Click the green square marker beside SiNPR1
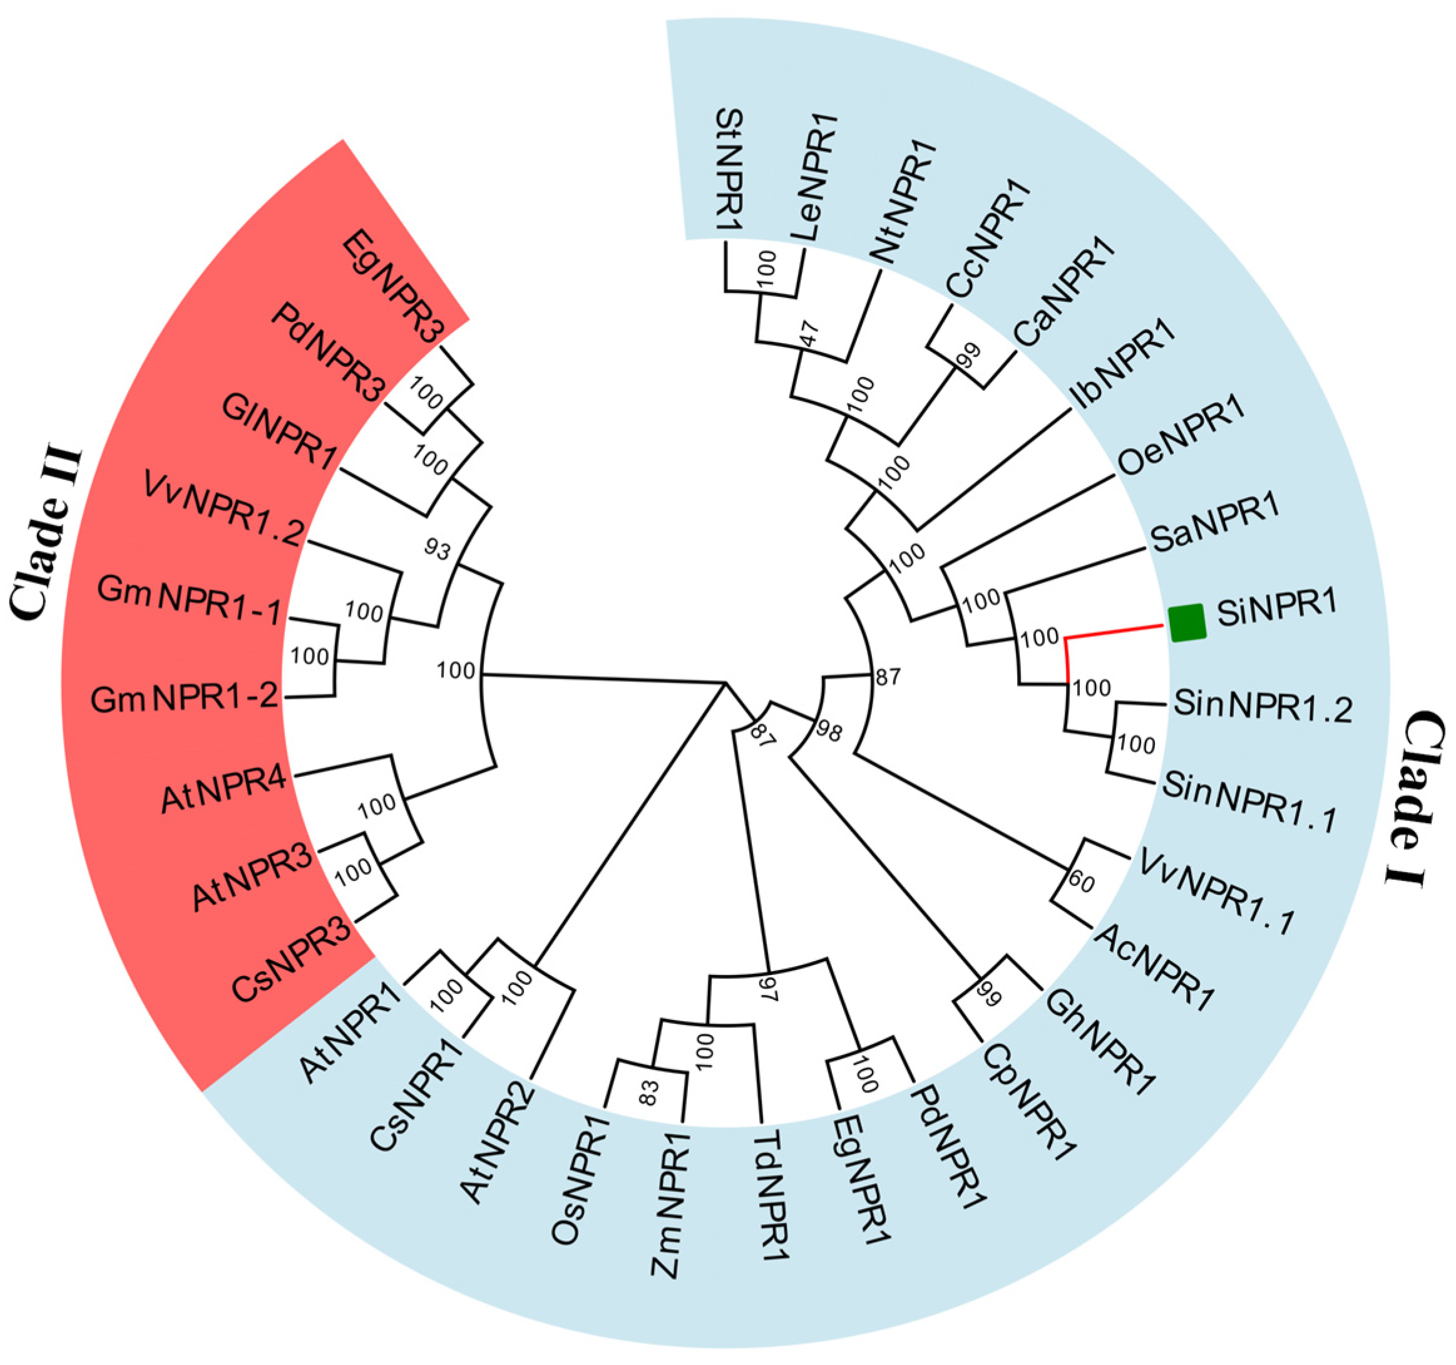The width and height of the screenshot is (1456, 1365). click(1186, 623)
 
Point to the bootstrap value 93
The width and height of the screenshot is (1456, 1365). click(438, 549)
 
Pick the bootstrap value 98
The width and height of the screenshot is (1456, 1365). click(828, 732)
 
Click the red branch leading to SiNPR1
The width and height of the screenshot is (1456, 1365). click(1113, 632)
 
